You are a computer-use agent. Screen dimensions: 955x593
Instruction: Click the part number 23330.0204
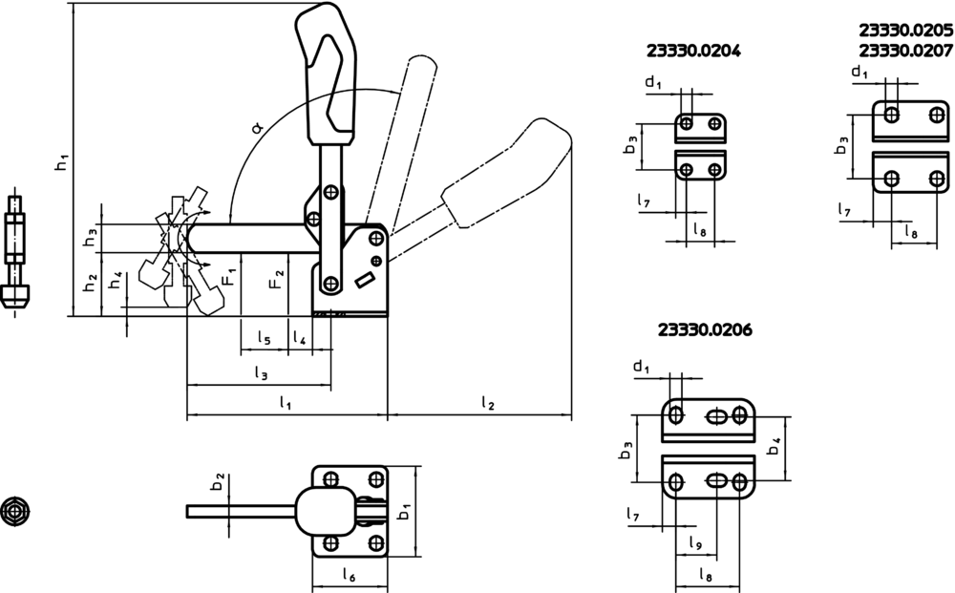(x=693, y=52)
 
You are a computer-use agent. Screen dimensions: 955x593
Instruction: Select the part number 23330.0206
(x=705, y=330)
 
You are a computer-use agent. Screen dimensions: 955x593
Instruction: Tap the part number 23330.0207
(x=905, y=50)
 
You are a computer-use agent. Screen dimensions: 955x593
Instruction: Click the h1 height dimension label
(x=62, y=162)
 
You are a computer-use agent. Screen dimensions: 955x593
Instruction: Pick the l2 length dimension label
(x=487, y=402)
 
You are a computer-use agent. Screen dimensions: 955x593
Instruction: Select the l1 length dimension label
(x=285, y=402)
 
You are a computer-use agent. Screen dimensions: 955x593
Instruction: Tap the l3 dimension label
(x=261, y=372)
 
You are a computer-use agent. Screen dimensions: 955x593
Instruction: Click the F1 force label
(x=229, y=277)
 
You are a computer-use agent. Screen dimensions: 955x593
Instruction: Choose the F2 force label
(x=277, y=278)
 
